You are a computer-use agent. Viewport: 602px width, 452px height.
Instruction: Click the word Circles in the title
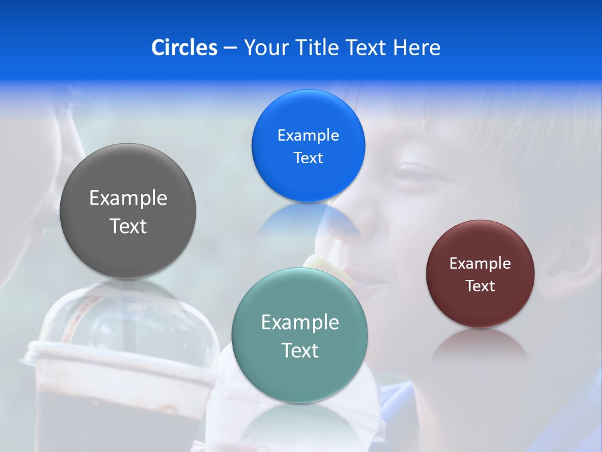[x=184, y=48]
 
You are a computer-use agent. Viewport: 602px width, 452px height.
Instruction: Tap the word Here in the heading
[x=416, y=48]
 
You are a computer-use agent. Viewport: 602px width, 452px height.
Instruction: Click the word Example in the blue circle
[x=308, y=135]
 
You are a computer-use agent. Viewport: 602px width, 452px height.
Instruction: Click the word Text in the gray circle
[x=128, y=226]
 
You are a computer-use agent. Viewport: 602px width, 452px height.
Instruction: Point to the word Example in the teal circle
[x=300, y=322]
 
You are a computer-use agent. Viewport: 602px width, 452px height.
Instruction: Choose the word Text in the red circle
[x=480, y=286]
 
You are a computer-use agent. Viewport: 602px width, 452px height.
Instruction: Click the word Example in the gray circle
[x=128, y=198]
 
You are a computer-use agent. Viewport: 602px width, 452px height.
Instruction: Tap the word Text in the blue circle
[x=308, y=158]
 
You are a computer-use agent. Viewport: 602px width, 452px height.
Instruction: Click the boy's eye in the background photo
[x=411, y=174]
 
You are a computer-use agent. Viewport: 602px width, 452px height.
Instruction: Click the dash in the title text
[x=230, y=48]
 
